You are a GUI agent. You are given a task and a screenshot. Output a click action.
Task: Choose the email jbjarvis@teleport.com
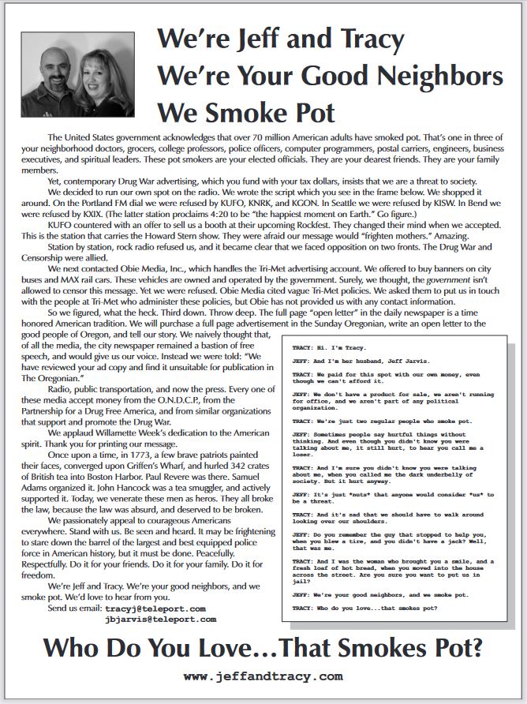click(x=160, y=620)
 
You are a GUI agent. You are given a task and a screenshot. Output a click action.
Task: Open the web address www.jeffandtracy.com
click(x=263, y=676)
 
